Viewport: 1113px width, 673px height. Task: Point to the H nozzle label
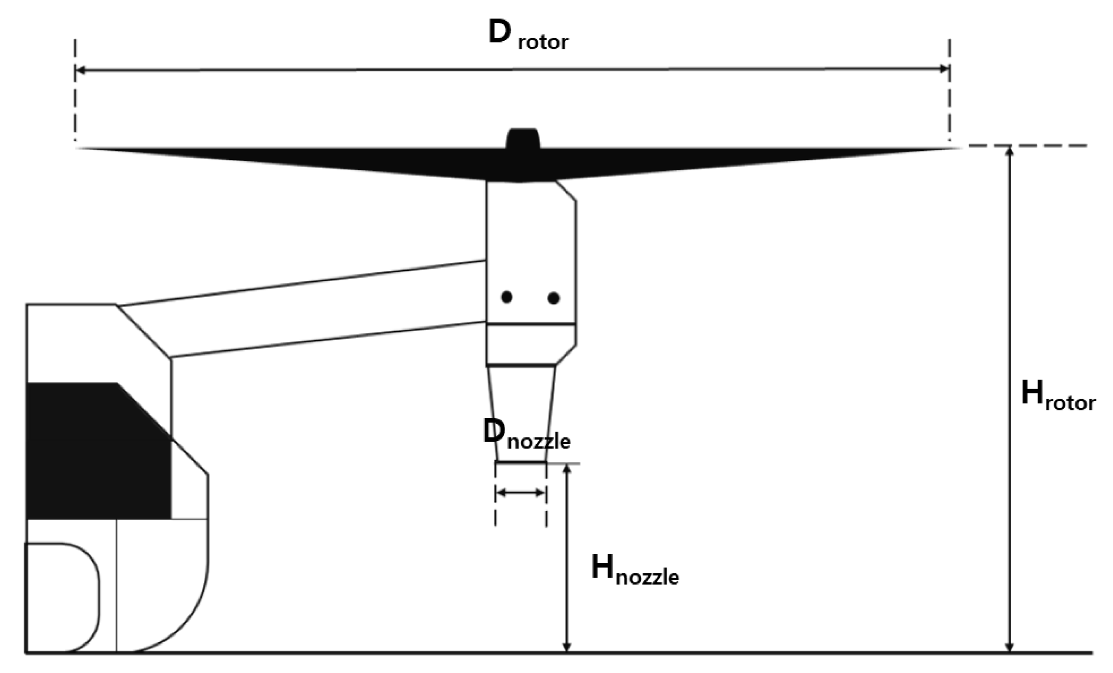pos(635,571)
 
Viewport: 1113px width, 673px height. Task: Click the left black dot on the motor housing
pos(507,297)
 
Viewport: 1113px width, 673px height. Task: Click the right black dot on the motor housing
pos(553,298)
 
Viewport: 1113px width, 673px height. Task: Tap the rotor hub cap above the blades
pos(522,138)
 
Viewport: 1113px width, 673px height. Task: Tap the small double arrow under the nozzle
pos(521,493)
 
